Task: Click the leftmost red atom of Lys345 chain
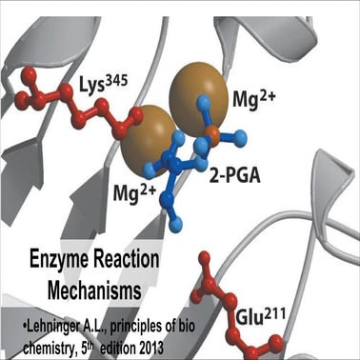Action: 17,97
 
